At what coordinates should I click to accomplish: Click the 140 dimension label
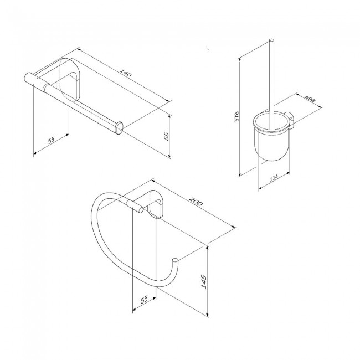click(x=126, y=73)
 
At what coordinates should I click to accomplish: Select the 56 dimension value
click(x=167, y=136)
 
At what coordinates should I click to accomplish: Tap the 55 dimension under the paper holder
click(x=51, y=140)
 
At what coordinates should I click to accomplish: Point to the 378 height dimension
click(x=237, y=116)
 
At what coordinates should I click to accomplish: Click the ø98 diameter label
click(x=310, y=99)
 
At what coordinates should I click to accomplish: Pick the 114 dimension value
click(x=274, y=178)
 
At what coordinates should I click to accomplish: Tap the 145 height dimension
click(x=204, y=281)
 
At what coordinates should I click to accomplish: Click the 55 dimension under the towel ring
click(x=144, y=300)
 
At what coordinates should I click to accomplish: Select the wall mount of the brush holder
click(x=290, y=120)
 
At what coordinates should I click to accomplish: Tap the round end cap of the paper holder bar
click(x=120, y=128)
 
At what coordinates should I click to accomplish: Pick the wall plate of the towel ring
click(x=155, y=203)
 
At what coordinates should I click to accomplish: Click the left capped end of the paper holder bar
click(x=28, y=78)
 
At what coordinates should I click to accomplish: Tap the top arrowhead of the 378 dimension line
click(x=240, y=59)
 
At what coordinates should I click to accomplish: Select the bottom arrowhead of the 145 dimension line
click(x=208, y=315)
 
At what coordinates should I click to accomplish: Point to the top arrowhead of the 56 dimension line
click(x=169, y=117)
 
